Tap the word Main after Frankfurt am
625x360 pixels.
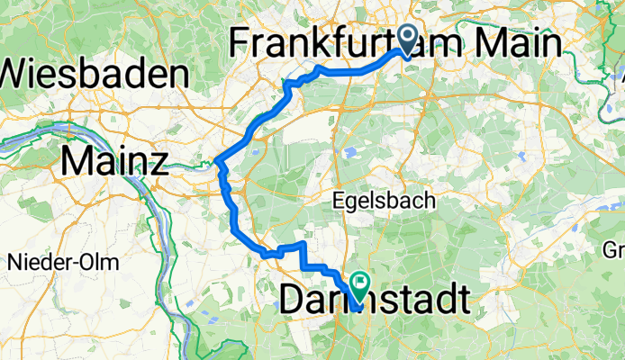click(x=510, y=43)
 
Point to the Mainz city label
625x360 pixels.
click(x=114, y=163)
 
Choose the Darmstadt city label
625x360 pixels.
click(x=374, y=300)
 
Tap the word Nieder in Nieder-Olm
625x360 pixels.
click(x=33, y=263)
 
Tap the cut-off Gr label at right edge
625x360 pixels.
click(x=615, y=249)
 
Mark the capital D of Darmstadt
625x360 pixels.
click(x=293, y=300)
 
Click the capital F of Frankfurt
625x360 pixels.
click(x=242, y=43)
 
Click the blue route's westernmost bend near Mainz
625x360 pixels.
click(x=219, y=163)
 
